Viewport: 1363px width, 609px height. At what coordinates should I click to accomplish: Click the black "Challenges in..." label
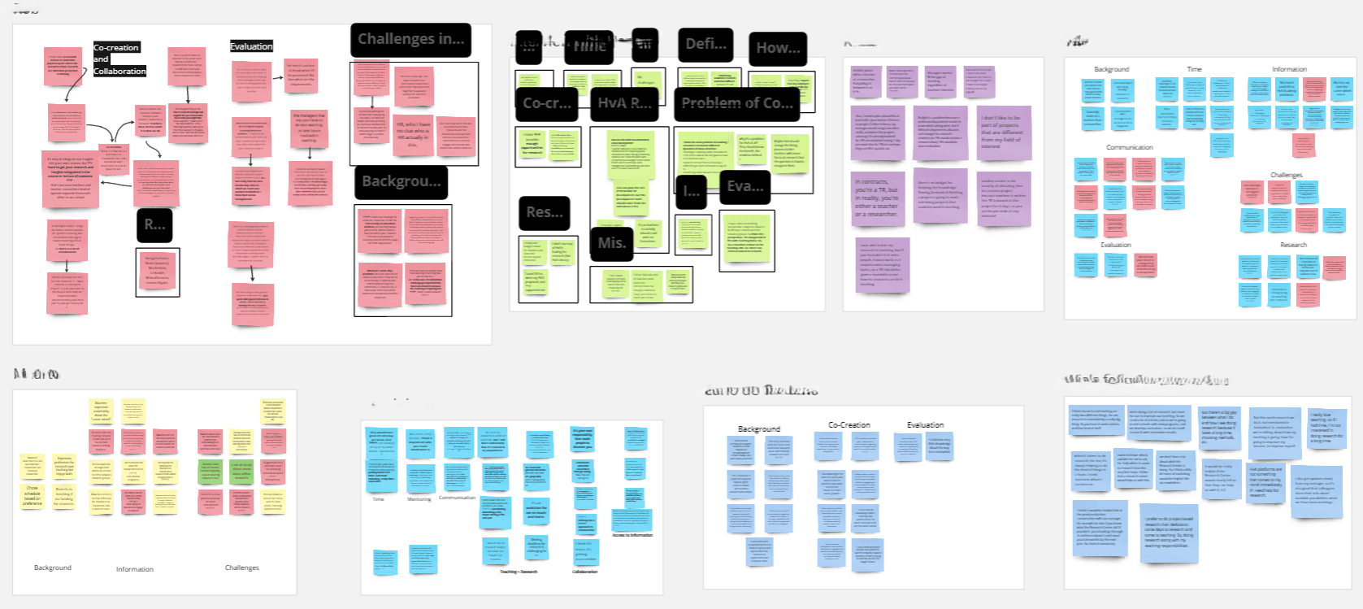(410, 40)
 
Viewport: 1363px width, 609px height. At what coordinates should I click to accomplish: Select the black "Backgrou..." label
(401, 181)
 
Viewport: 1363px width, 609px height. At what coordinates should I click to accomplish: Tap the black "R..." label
(154, 225)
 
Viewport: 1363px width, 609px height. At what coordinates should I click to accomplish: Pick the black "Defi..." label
(705, 44)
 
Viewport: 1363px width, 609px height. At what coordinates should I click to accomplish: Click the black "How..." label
(778, 48)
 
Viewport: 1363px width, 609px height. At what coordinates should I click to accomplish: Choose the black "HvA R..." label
(624, 103)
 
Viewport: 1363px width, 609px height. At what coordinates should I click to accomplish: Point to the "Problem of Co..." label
(736, 103)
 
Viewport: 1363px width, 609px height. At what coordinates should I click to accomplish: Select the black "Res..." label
(544, 212)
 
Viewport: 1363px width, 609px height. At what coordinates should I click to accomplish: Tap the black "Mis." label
(611, 243)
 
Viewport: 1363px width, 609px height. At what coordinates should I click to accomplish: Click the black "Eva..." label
(744, 186)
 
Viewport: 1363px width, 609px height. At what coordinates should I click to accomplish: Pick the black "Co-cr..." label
(546, 103)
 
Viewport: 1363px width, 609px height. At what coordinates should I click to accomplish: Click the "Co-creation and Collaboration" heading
(119, 59)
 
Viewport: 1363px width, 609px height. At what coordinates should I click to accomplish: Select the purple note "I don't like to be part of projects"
(1002, 130)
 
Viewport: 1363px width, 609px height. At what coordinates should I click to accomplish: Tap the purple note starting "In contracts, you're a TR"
(877, 198)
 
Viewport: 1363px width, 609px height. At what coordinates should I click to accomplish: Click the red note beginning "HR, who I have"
(413, 133)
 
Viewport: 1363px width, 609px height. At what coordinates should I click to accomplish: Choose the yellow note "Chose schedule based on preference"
(33, 496)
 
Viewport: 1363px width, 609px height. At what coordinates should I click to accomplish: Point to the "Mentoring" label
(419, 499)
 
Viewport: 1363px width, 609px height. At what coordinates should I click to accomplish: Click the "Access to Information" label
(632, 535)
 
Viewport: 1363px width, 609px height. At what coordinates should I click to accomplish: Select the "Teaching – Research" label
(519, 572)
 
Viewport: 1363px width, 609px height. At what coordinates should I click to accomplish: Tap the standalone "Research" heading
(1293, 245)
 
